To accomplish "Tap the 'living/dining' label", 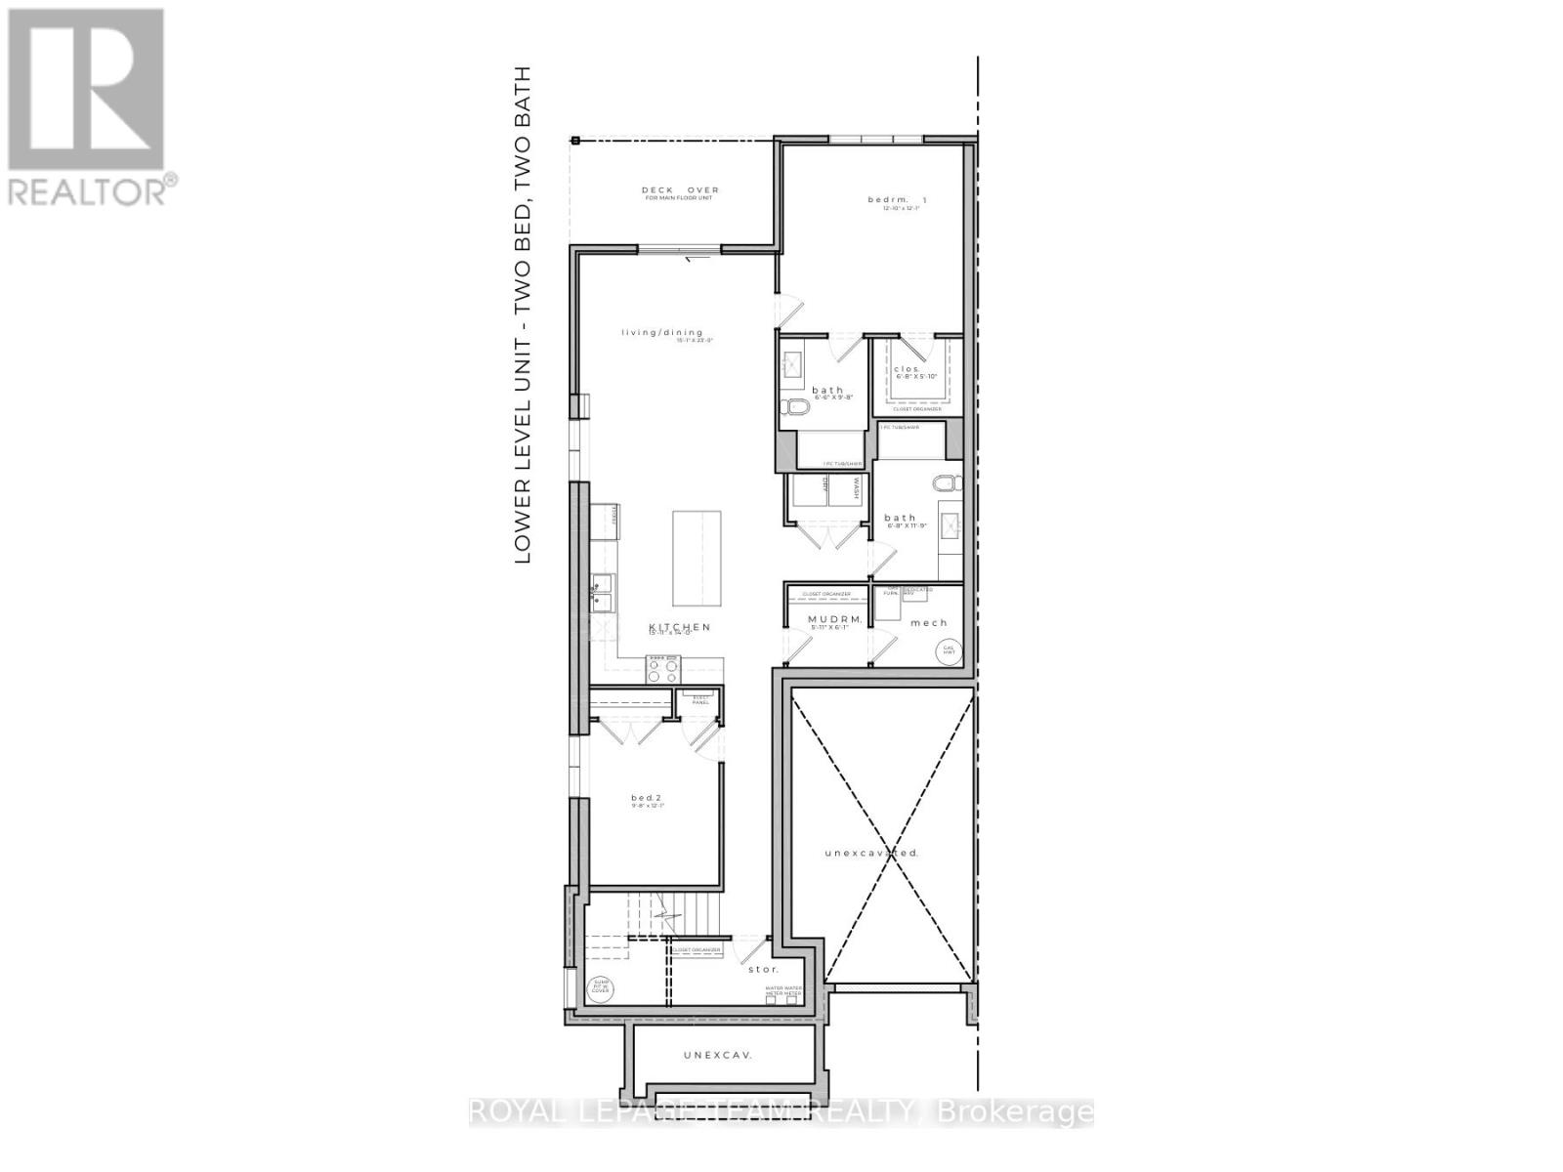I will [x=662, y=332].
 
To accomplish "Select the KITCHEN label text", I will [x=680, y=627].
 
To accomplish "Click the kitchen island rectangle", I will [x=697, y=558].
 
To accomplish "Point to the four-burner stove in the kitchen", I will [x=663, y=669].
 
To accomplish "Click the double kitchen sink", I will [x=603, y=593].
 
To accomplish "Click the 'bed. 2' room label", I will [x=647, y=798].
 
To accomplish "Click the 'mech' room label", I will [x=928, y=622].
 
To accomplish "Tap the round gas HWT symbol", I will [x=947, y=650].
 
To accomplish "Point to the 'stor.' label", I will [x=763, y=969].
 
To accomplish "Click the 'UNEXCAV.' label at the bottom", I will [x=722, y=1055].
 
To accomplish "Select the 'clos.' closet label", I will [x=908, y=369].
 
